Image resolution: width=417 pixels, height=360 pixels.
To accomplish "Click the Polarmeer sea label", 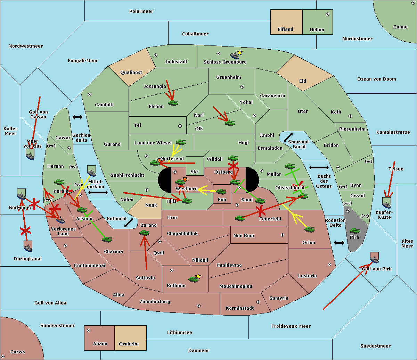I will tap(141, 11).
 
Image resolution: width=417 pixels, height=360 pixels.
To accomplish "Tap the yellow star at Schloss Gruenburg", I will tap(239, 52).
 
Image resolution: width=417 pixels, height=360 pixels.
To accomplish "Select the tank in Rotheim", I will tap(193, 279).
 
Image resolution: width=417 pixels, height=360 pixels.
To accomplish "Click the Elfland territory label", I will tap(285, 30).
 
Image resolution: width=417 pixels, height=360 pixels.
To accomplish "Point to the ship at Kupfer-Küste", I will tap(386, 202).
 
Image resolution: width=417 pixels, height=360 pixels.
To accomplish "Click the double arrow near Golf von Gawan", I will tap(77, 117).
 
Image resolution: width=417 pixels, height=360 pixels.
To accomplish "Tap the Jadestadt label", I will tap(176, 62).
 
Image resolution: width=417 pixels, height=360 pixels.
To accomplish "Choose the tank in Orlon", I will tap(309, 229).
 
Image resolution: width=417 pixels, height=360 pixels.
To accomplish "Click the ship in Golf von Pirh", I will tap(374, 258).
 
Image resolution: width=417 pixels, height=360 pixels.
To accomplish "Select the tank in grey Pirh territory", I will tap(354, 231).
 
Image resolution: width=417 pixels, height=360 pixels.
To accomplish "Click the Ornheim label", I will tap(129, 344).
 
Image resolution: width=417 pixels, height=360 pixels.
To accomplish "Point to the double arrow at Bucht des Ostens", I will tap(319, 168).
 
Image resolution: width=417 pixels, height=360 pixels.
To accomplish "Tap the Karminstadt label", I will tap(240, 308).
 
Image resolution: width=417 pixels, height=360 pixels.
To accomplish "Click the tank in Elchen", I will tap(173, 103).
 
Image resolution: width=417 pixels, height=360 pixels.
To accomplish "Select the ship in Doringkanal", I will tap(28, 246).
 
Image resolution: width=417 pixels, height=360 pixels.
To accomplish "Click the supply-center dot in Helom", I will tap(327, 14).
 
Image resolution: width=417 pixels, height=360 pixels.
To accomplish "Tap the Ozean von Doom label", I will tap(376, 79).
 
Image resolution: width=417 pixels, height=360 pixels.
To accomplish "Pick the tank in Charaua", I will tap(107, 239).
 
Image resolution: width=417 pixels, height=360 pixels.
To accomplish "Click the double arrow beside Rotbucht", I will tap(129, 223).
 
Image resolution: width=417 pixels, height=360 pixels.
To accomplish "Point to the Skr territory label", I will tap(195, 172).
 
